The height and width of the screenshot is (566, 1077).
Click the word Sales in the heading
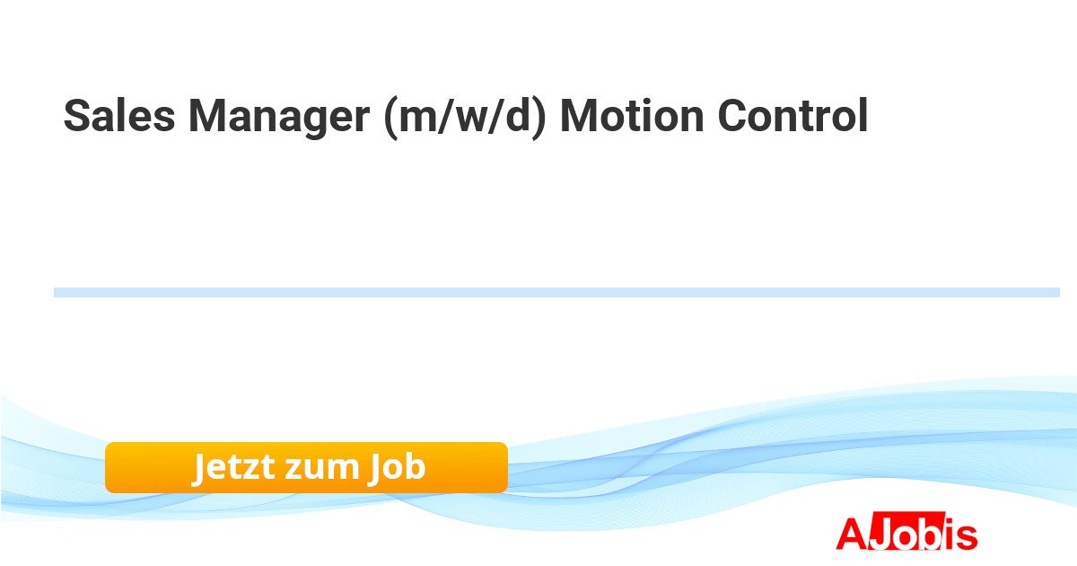[119, 116]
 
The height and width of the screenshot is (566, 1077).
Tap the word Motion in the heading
[632, 116]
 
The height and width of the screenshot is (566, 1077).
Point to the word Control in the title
[792, 115]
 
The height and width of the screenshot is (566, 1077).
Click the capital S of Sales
[77, 116]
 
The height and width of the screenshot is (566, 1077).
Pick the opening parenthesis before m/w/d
[391, 118]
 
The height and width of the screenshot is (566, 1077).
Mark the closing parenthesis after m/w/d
[539, 118]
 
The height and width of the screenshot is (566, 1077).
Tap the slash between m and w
[447, 116]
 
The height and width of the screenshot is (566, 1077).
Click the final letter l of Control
[864, 115]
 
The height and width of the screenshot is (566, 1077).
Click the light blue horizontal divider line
[556, 292]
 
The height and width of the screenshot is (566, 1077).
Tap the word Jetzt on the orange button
[234, 467]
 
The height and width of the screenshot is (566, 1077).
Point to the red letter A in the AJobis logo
[853, 534]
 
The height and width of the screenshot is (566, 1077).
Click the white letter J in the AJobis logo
[880, 534]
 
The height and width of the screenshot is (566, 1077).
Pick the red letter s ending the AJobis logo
[966, 537]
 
